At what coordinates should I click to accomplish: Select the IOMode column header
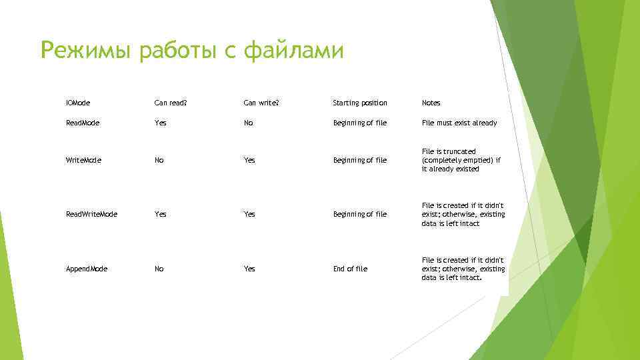pos(78,103)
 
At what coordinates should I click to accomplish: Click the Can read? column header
pos(171,103)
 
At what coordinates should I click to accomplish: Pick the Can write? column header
pos(261,103)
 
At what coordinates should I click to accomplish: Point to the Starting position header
pos(359,103)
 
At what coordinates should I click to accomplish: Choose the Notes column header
pos(431,103)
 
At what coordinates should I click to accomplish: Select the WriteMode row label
pos(83,160)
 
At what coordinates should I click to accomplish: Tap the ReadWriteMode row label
pos(91,214)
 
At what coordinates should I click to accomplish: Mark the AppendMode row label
pos(87,269)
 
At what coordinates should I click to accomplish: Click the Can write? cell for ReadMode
pos(248,123)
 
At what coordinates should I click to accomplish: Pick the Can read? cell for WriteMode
pos(159,160)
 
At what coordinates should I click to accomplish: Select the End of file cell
pos(350,269)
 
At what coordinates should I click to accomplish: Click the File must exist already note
pos(459,123)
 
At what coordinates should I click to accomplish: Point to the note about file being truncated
pos(461,160)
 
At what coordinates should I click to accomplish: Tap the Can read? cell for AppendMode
pos(159,269)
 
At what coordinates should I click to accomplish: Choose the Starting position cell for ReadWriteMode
pos(359,214)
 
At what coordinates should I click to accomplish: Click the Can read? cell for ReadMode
pos(160,123)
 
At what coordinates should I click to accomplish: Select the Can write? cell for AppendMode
pos(249,269)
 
